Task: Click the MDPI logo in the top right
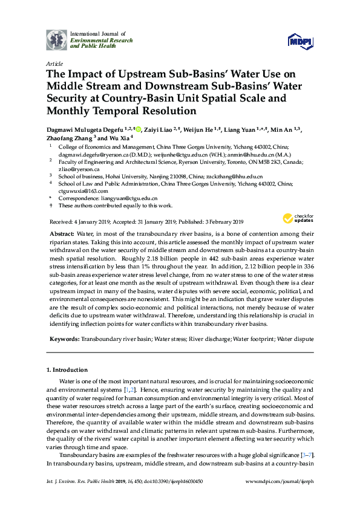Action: pos(300,41)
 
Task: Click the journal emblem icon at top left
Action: pos(57,40)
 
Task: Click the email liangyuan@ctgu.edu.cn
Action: pos(129,198)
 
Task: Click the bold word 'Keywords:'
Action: pos(64,340)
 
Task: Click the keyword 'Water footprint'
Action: pos(255,340)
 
